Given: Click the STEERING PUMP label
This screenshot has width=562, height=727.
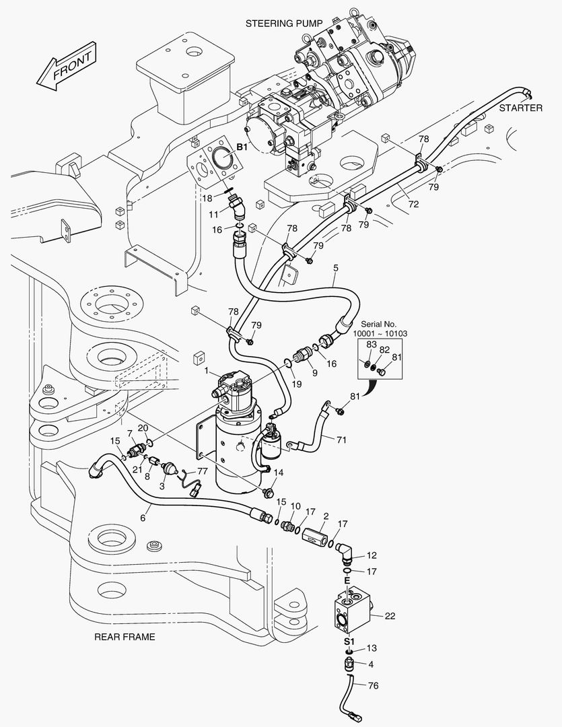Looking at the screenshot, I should pos(284,24).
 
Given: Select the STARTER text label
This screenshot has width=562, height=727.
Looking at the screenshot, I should pos(520,108).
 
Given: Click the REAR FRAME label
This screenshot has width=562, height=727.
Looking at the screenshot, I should pos(125,637).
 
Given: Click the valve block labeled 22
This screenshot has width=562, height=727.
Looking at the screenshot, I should pos(353,609).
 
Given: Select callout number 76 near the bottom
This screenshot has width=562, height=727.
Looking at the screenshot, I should pos(374,686).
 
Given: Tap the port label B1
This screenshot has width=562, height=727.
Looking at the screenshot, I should pos(241,147).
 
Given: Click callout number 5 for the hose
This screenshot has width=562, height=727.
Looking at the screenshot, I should pos(335,268).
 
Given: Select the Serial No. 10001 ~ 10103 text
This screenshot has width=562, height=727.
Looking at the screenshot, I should pos(380,328).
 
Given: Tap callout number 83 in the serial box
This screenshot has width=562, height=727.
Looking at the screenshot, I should pos(371,345).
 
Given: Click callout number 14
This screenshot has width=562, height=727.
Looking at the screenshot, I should pos(279,473).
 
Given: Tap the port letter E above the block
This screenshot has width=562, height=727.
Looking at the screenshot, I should pos(347,580).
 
